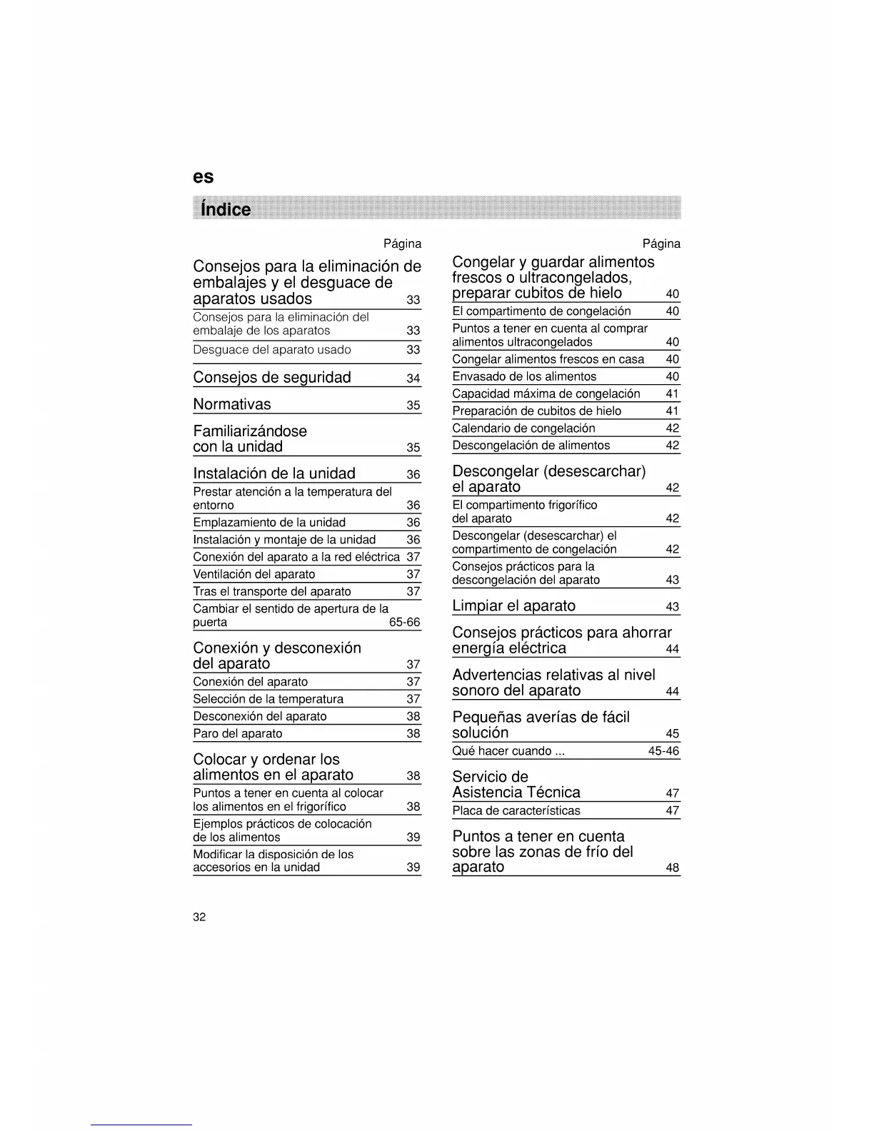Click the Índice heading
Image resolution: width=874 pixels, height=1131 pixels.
click(x=226, y=209)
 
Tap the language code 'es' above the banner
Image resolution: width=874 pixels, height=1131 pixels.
click(x=203, y=177)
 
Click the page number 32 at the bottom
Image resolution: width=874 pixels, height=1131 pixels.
click(x=199, y=918)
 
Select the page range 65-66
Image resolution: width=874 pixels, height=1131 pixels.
click(x=404, y=623)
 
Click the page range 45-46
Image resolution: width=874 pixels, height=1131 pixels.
click(x=663, y=751)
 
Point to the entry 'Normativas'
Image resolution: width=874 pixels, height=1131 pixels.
click(x=232, y=404)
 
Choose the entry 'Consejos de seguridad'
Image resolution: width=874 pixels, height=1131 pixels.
click(x=272, y=377)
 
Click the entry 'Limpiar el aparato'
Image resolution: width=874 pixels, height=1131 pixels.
click(x=513, y=605)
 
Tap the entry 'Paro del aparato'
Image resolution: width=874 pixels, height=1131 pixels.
click(x=238, y=734)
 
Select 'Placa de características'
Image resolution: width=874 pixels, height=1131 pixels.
click(x=516, y=810)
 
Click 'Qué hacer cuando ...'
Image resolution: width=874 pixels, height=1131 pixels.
click(x=508, y=751)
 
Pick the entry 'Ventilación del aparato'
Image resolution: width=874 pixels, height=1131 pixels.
click(x=254, y=574)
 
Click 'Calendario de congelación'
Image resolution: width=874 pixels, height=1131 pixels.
click(x=523, y=428)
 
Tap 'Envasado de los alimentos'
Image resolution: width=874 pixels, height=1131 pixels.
click(x=524, y=376)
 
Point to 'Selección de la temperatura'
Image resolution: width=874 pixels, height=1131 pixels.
click(x=268, y=699)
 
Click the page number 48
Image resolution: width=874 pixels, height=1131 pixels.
click(x=673, y=869)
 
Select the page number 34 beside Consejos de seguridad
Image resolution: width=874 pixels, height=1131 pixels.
click(x=413, y=378)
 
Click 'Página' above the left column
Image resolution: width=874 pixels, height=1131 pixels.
click(x=402, y=244)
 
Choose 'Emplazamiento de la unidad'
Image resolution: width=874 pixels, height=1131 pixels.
click(x=269, y=523)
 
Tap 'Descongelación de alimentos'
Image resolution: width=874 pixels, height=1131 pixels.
click(x=531, y=446)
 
